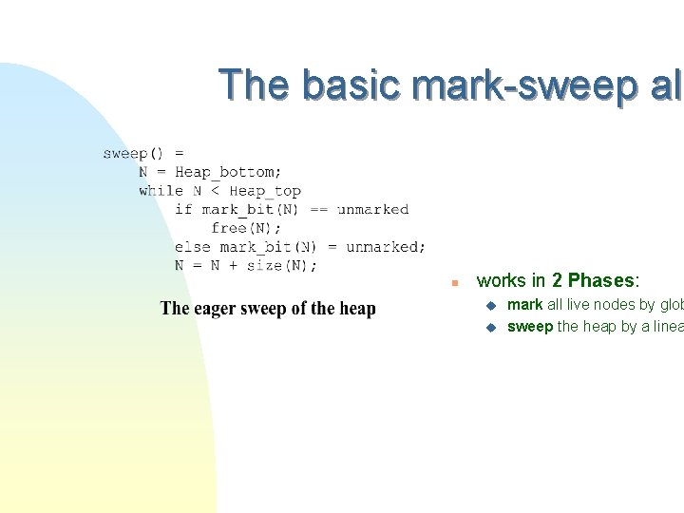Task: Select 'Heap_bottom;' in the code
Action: [228, 172]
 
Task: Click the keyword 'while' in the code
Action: [161, 191]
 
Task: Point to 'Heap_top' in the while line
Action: [265, 191]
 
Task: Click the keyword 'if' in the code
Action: [183, 210]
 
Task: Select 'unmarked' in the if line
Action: [372, 210]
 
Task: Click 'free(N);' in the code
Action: [246, 228]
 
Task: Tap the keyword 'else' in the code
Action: [192, 247]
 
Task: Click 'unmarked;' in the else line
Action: [386, 247]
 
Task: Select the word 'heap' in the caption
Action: [355, 308]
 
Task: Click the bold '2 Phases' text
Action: [596, 281]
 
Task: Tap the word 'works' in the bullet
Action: [501, 281]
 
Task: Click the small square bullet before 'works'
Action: [455, 283]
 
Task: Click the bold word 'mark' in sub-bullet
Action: [524, 305]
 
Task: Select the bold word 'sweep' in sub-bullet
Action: [530, 327]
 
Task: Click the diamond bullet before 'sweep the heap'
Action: [490, 328]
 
